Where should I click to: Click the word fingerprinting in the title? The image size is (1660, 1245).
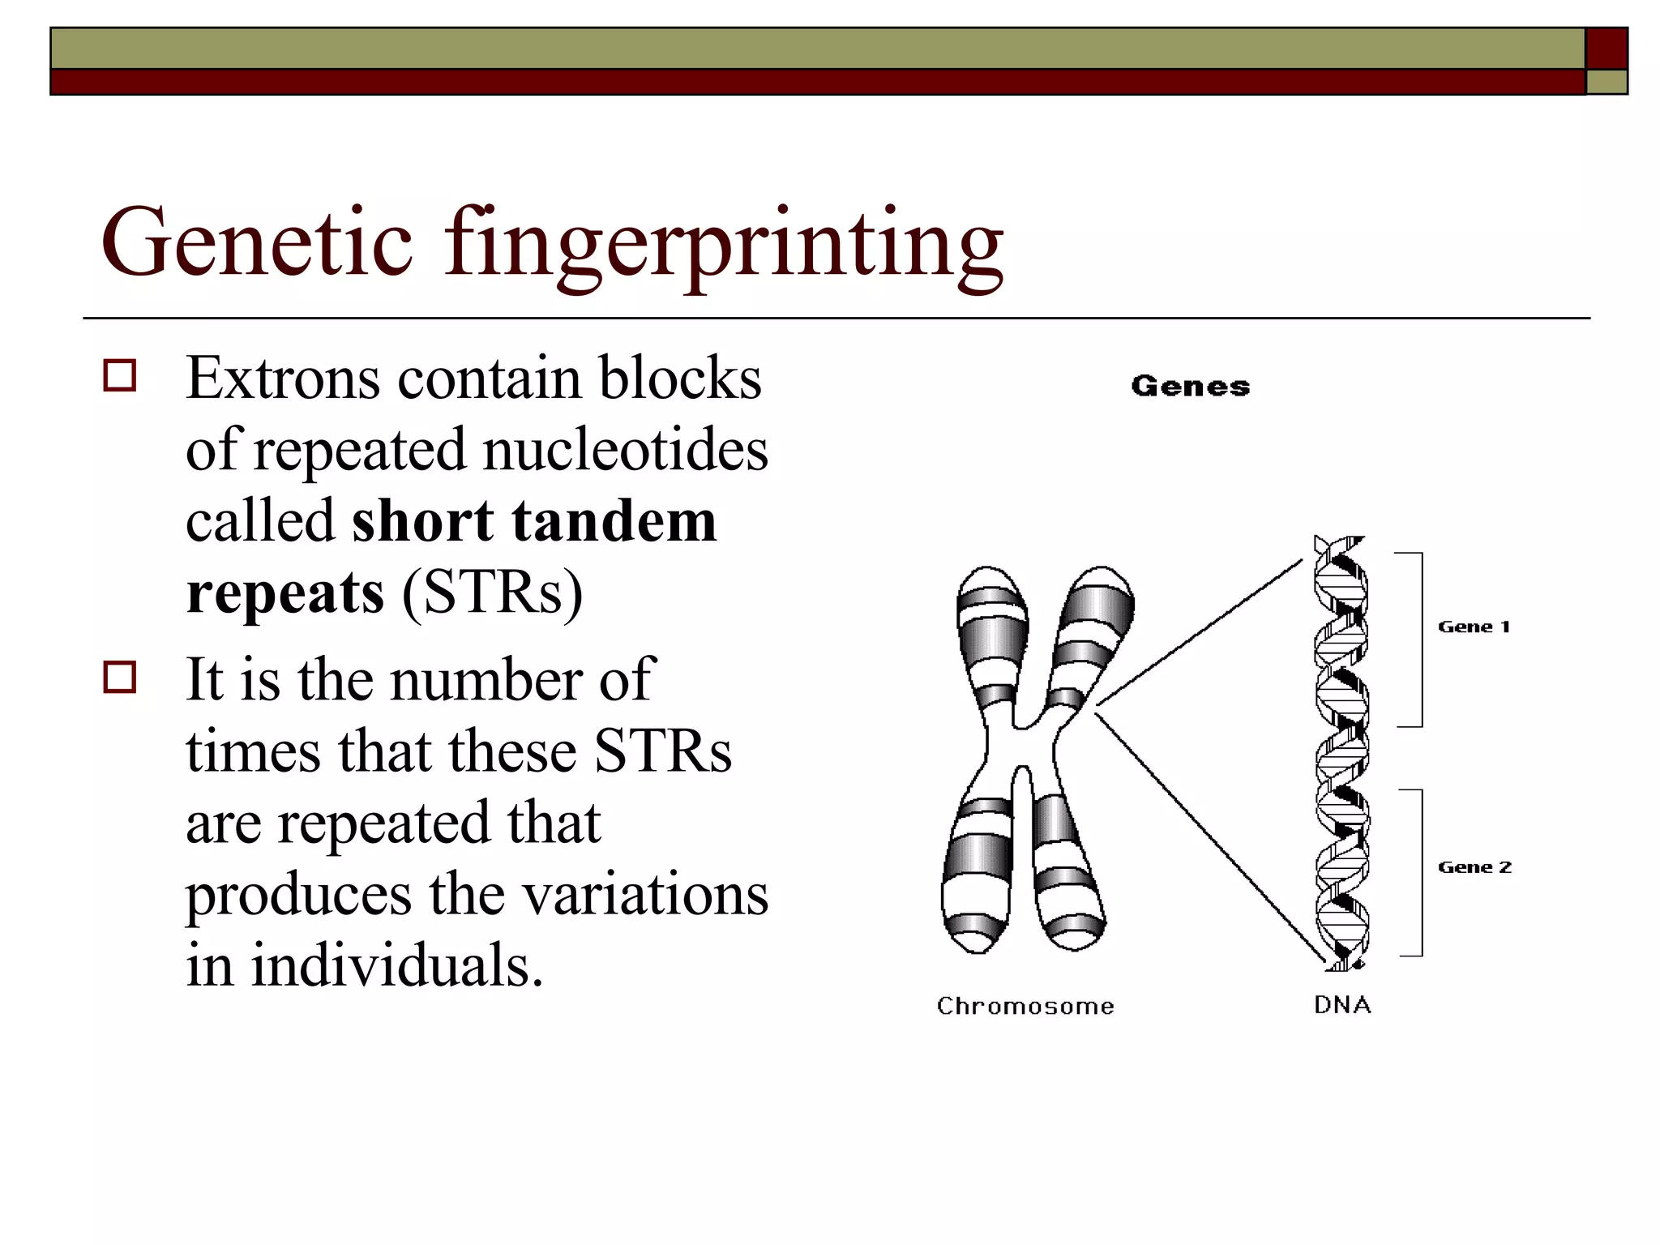pyautogui.click(x=723, y=243)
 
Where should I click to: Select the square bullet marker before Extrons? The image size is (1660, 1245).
pyautogui.click(x=120, y=376)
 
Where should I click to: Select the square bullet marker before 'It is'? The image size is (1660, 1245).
pyautogui.click(x=120, y=677)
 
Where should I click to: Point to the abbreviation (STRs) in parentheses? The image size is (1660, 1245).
pyautogui.click(x=492, y=593)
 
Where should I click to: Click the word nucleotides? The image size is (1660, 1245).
pyautogui.click(x=625, y=450)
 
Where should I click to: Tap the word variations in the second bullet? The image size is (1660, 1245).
pyautogui.click(x=644, y=895)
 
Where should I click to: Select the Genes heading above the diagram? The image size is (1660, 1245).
pyautogui.click(x=1190, y=387)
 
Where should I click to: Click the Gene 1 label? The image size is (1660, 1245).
pyautogui.click(x=1474, y=627)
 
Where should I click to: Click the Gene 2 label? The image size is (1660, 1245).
pyautogui.click(x=1474, y=867)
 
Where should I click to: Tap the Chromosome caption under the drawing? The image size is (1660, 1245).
pyautogui.click(x=1025, y=1006)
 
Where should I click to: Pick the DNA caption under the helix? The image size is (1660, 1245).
pyautogui.click(x=1342, y=1005)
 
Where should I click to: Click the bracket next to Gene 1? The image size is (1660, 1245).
pyautogui.click(x=1421, y=640)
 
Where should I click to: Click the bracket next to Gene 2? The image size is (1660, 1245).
pyautogui.click(x=1421, y=873)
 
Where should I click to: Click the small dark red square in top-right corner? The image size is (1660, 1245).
pyautogui.click(x=1607, y=49)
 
